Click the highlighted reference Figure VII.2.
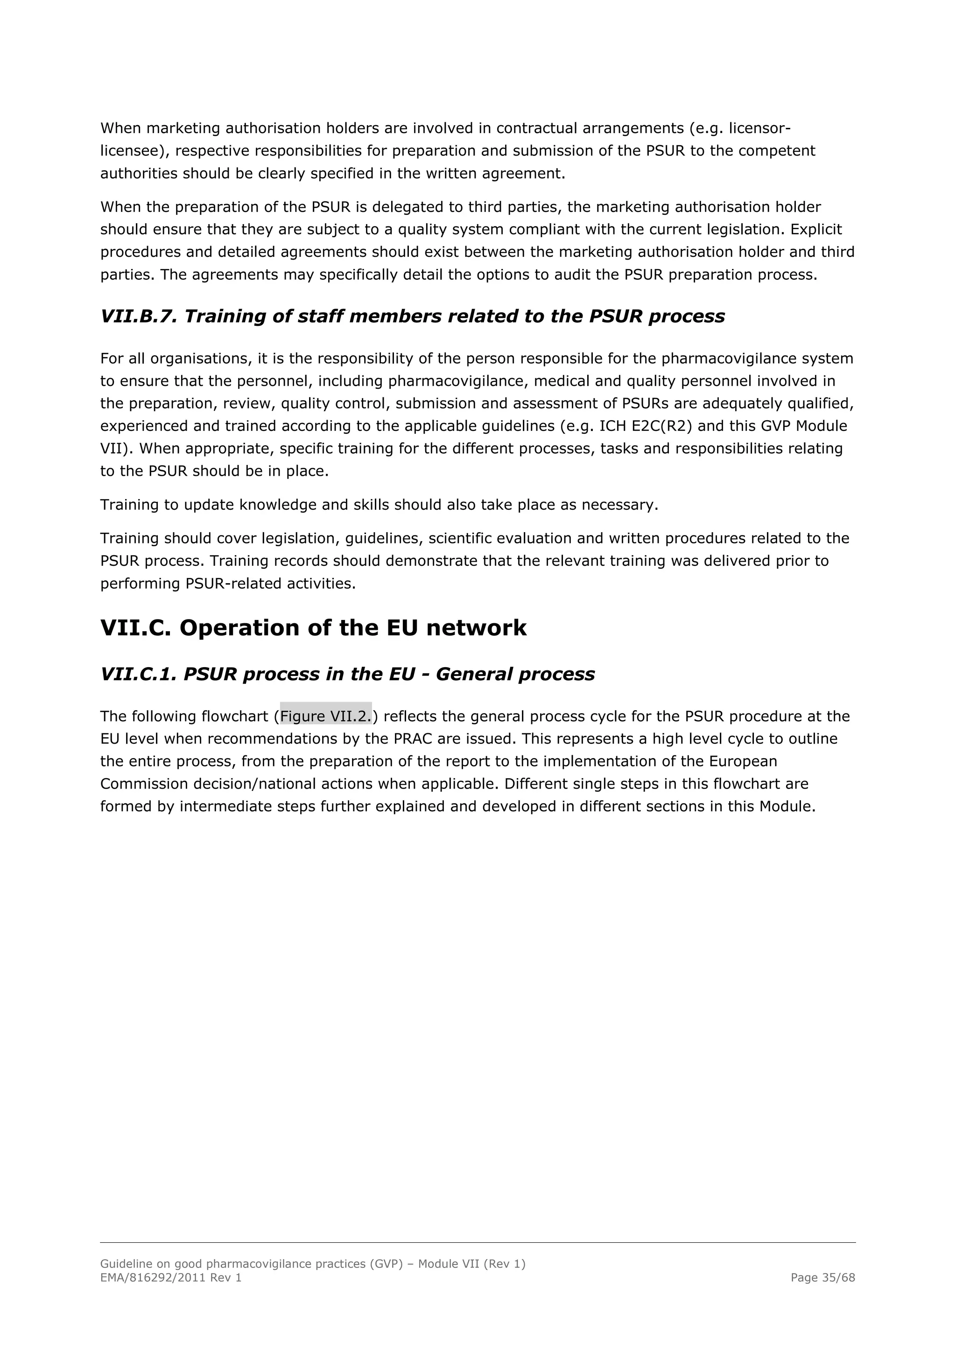point(325,716)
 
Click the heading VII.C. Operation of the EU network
point(313,628)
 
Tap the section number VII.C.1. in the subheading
point(138,674)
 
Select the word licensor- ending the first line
point(759,128)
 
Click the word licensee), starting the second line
point(135,151)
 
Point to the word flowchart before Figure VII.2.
point(235,716)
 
